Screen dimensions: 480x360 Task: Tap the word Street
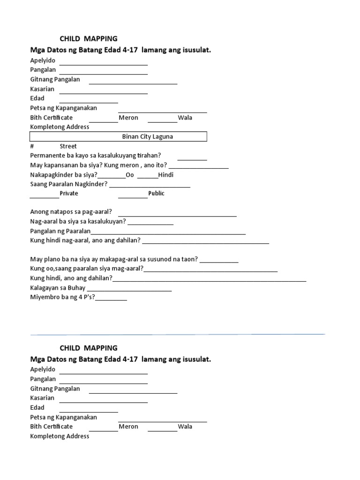point(68,146)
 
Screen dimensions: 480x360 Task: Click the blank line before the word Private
point(45,197)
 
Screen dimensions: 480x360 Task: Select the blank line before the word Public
point(133,197)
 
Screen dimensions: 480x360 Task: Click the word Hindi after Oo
point(166,175)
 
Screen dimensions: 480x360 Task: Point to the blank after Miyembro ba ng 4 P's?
point(111,300)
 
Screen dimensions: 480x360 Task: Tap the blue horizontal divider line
point(178,334)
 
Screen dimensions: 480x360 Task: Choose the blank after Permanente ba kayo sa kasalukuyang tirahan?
point(192,159)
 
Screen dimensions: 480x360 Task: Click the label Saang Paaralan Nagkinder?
point(69,184)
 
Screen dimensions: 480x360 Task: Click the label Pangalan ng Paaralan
point(60,231)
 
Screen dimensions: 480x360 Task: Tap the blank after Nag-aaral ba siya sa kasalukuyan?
point(150,225)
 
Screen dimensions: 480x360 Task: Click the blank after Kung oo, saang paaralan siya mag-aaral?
point(211,271)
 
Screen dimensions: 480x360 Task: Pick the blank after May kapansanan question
point(199,168)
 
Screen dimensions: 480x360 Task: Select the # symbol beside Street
point(32,146)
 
